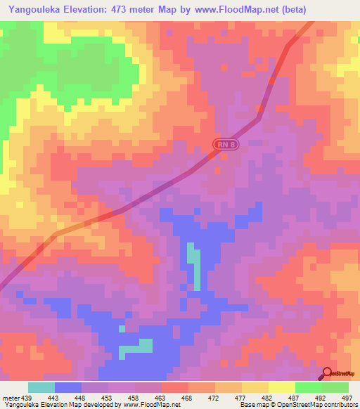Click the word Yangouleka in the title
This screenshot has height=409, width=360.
[34, 10]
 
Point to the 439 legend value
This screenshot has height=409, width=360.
[27, 398]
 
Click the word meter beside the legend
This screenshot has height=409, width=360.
[11, 398]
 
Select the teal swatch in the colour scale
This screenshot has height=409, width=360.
[41, 387]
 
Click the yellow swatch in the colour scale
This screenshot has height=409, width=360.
[281, 387]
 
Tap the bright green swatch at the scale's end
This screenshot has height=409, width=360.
[335, 387]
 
